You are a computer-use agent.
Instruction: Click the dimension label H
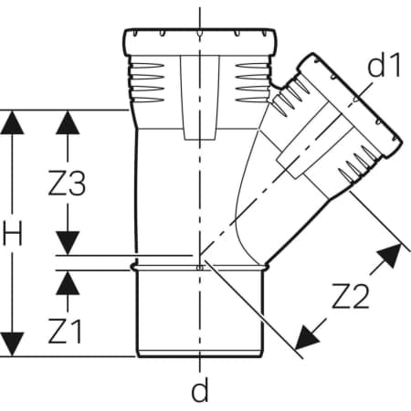pyautogui.click(x=13, y=234)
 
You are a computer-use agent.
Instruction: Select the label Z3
pyautogui.click(x=67, y=184)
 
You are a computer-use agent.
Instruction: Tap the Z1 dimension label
pyautogui.click(x=65, y=332)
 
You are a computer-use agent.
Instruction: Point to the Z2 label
pyautogui.click(x=351, y=296)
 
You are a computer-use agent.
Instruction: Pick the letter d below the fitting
pyautogui.click(x=200, y=390)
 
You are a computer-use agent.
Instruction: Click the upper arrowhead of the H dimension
pyautogui.click(x=12, y=122)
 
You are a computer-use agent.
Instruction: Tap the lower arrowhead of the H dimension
pyautogui.click(x=12, y=344)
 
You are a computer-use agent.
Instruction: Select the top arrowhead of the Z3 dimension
pyautogui.click(x=68, y=122)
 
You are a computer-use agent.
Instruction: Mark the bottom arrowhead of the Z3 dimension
pyautogui.click(x=68, y=242)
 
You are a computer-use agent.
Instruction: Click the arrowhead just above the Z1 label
pyautogui.click(x=68, y=283)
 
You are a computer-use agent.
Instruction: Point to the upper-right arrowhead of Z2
pyautogui.click(x=390, y=255)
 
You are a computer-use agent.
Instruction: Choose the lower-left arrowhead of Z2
pyautogui.click(x=306, y=338)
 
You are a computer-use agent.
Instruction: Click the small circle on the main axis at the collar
pyautogui.click(x=200, y=268)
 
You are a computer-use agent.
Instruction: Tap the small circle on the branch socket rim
pyautogui.click(x=355, y=99)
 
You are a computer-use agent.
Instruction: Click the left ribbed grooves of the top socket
pyautogui.click(x=147, y=82)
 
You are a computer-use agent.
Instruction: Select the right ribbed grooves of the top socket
pyautogui.click(x=253, y=82)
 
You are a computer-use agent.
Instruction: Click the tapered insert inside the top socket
pyautogui.click(x=200, y=98)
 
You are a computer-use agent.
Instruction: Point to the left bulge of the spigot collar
pyautogui.click(x=134, y=267)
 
